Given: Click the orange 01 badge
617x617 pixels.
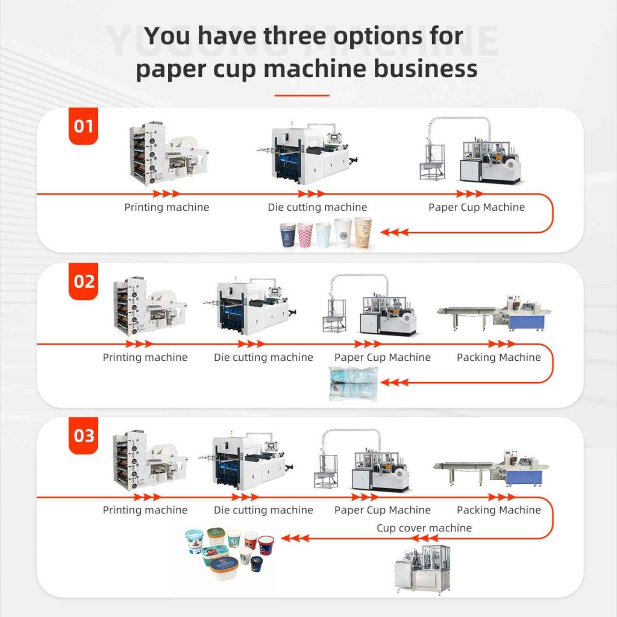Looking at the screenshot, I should pos(83,127).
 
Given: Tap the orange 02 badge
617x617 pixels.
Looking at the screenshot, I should pos(83,281).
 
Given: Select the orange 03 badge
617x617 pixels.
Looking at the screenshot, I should pos(83,435).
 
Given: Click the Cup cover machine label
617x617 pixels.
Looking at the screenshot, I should pos(424,528).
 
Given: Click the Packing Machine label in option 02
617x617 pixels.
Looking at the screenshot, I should pos(498,357).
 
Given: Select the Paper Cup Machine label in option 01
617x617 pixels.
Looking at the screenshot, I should pos(476,207).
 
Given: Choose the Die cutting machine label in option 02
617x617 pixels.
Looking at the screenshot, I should pos(263,357).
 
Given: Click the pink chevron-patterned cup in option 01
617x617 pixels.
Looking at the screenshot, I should pos(305,234).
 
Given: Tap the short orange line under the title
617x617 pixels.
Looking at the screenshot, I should pos(301,95).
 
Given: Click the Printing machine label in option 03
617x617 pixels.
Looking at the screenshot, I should pos(145,510).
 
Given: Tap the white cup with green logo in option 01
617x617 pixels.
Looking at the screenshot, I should pos(343,233).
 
